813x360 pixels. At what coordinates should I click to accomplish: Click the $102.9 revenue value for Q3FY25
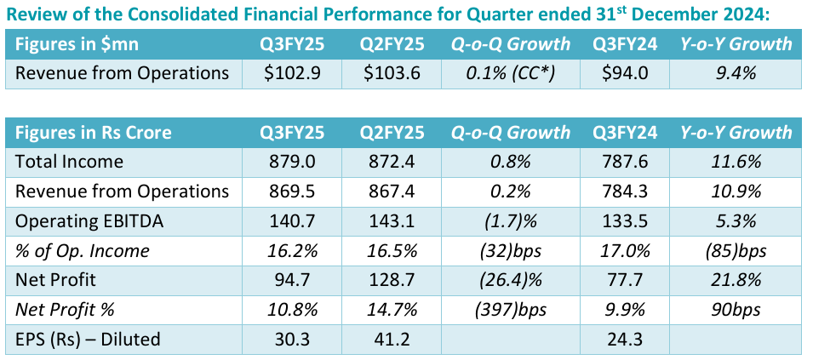[x=293, y=73]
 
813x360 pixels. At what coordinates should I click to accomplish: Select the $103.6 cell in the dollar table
[x=391, y=73]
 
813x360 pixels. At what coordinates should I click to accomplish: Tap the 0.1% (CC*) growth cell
[x=511, y=73]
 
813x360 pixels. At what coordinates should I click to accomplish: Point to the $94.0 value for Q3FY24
[x=625, y=73]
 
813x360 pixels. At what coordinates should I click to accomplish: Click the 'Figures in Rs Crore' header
[x=94, y=132]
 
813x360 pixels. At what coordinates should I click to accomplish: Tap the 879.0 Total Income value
[x=293, y=162]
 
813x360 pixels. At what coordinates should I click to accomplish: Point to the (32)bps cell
[x=511, y=250]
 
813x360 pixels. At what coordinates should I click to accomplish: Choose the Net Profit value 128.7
[x=391, y=280]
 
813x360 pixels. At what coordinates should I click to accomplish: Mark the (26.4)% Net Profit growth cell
[x=511, y=280]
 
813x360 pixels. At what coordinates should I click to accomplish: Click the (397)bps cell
[x=511, y=310]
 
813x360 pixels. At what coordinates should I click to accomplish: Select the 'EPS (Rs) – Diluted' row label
[x=89, y=340]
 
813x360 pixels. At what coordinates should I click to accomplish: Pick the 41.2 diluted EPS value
[x=391, y=340]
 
